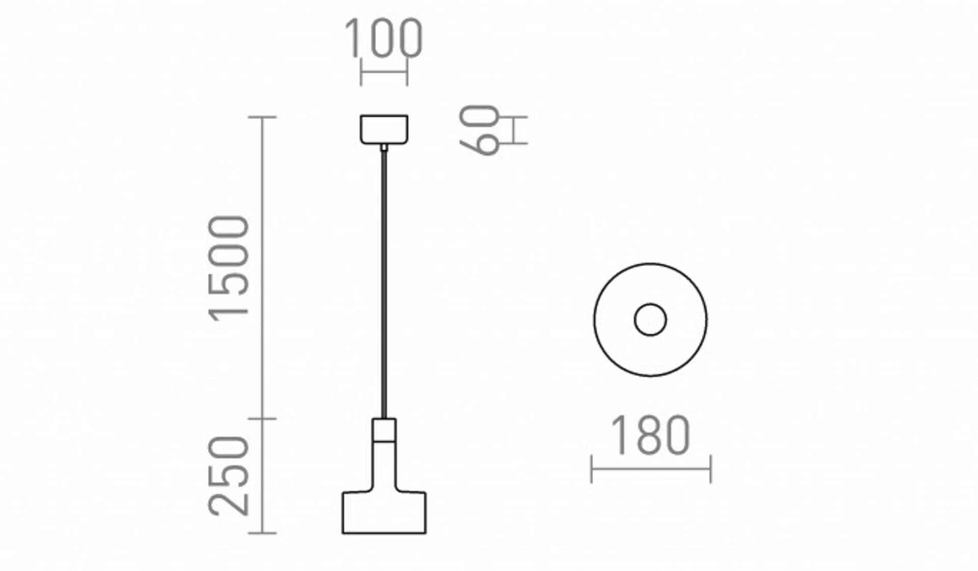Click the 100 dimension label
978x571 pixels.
(x=384, y=38)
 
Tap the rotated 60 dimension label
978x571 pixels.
(x=479, y=130)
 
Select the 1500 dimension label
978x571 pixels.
(x=229, y=268)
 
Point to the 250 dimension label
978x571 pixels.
(x=229, y=476)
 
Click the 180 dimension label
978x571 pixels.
(x=650, y=435)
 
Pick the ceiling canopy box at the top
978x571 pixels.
(x=384, y=129)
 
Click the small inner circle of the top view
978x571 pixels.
(x=650, y=320)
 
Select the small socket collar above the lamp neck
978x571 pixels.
(x=384, y=430)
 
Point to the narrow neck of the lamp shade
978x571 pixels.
(x=384, y=466)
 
